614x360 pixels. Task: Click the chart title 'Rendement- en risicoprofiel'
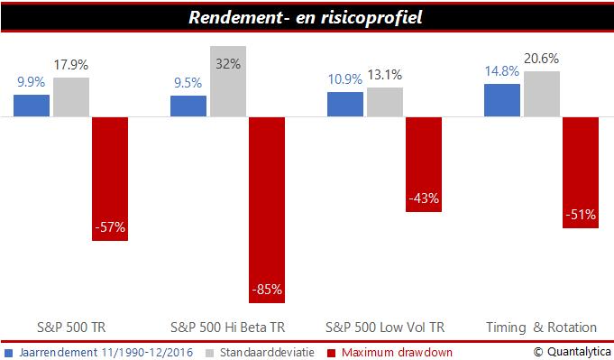(x=307, y=18)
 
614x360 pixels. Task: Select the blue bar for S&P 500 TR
(x=32, y=106)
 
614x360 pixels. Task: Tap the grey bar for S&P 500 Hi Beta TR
(x=228, y=81)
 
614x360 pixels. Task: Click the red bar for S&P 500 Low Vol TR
(x=423, y=164)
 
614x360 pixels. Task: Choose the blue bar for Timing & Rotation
(x=502, y=100)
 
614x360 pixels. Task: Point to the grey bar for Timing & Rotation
(x=541, y=94)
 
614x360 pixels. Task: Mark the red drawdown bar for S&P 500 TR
(x=110, y=179)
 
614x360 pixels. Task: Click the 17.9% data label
(x=71, y=65)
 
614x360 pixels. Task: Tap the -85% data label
(x=267, y=290)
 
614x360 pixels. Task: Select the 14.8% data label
(x=502, y=71)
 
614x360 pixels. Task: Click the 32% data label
(x=228, y=64)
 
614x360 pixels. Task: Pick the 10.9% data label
(x=344, y=78)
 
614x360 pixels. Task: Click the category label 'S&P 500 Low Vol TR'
(x=385, y=327)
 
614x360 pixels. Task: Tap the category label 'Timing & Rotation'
(x=541, y=327)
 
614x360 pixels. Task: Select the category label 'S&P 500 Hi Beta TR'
(x=228, y=327)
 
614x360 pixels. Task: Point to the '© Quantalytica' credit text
(x=570, y=351)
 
